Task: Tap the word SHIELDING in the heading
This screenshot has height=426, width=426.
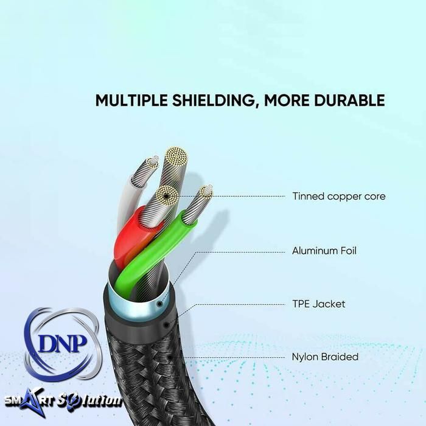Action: click(211, 100)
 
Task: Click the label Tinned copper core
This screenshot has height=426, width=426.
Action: click(338, 197)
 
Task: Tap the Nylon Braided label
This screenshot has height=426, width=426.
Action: click(325, 357)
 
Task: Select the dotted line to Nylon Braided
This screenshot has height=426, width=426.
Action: click(237, 357)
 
